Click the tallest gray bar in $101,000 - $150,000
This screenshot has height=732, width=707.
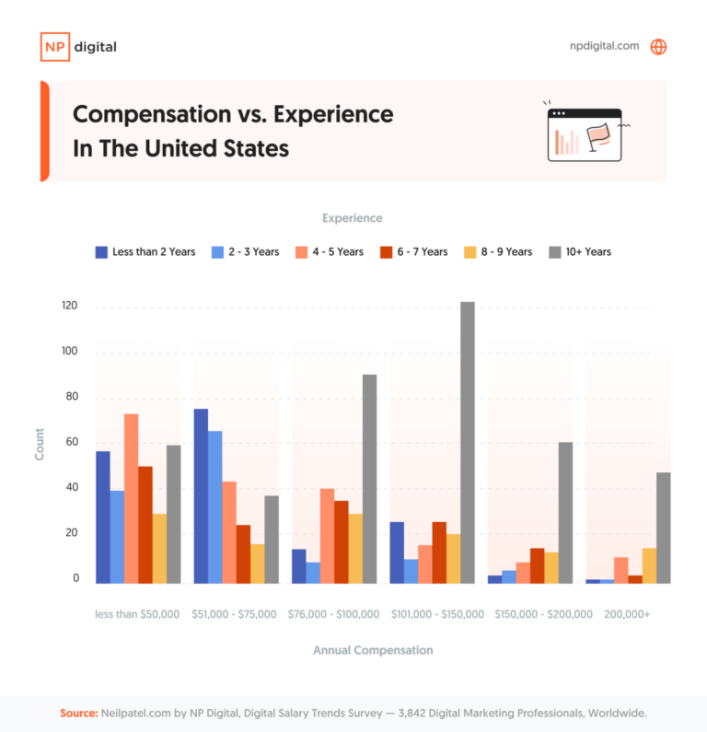468,442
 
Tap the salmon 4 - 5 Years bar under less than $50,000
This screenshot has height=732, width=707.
131,498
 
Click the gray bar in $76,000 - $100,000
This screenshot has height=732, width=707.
369,479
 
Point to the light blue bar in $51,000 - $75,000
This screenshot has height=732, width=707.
215,506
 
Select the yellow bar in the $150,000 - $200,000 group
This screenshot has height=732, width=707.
551,567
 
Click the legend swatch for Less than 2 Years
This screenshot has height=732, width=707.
102,252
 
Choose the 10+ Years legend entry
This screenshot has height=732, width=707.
579,252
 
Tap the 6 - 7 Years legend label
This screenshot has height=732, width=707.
422,252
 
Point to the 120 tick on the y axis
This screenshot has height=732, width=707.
69,307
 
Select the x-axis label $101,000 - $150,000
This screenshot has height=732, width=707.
438,614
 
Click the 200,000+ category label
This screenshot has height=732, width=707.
626,614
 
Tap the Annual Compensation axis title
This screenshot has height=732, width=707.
373,650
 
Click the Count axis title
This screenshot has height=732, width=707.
40,444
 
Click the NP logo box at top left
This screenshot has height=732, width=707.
54,47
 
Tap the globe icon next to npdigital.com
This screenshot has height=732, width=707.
658,47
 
